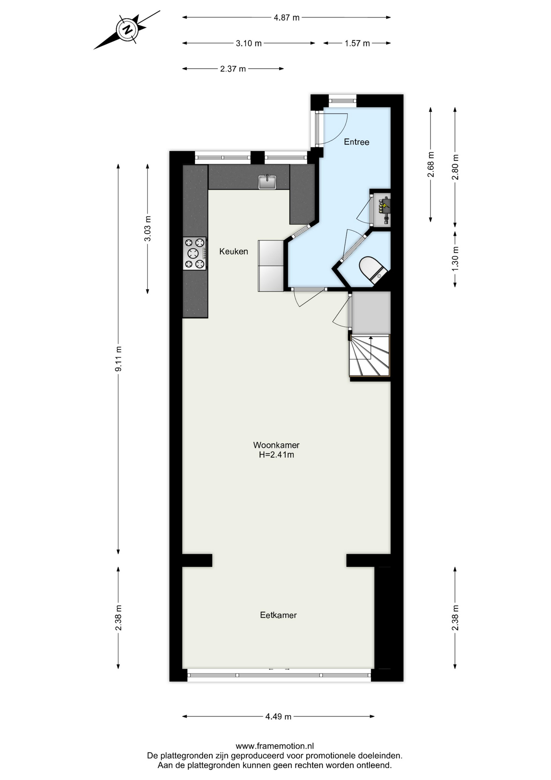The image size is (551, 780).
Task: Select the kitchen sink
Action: (267, 182)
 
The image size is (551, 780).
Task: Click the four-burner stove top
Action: (194, 253)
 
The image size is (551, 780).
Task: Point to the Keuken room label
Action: (234, 251)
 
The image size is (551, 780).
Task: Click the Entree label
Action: (357, 142)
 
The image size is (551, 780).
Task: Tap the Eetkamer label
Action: (278, 615)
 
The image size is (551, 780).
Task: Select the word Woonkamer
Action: (276, 445)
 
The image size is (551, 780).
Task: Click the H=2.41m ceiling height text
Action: (277, 455)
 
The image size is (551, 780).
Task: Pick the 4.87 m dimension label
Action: (286, 17)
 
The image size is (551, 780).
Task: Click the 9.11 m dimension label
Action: (118, 359)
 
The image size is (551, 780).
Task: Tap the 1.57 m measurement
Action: (357, 43)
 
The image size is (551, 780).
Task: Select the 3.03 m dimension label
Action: (148, 229)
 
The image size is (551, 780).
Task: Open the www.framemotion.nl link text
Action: (275, 746)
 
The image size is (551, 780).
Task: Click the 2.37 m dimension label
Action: (233, 69)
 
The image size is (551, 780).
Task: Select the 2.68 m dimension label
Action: (431, 164)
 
